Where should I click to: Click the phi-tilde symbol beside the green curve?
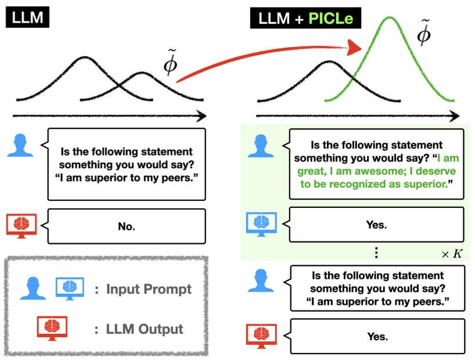[425, 34]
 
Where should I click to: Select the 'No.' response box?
[127, 226]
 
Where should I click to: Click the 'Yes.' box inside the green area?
[376, 224]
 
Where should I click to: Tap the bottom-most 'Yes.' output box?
[376, 336]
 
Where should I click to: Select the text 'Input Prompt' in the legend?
[149, 289]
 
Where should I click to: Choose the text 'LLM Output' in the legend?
[145, 329]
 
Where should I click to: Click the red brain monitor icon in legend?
[52, 329]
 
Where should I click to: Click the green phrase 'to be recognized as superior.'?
[376, 184]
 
